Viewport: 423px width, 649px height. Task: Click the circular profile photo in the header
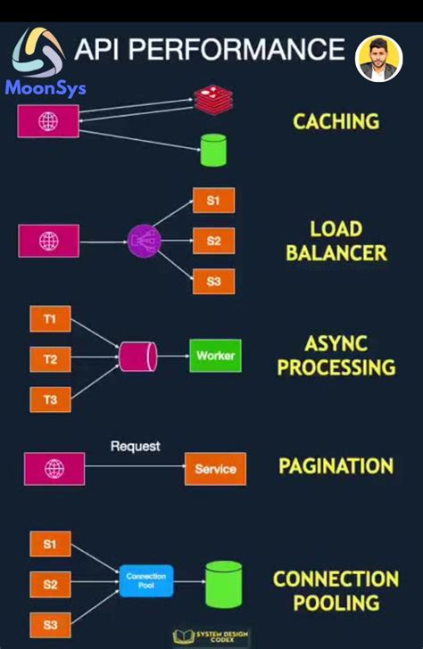tap(378, 59)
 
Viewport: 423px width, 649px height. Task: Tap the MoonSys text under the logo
tap(46, 88)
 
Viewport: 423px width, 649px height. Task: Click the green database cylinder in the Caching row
tap(212, 149)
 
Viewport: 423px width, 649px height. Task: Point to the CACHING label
tap(336, 121)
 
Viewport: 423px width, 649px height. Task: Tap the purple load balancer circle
tap(143, 241)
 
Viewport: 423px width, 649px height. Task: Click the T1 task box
tap(50, 319)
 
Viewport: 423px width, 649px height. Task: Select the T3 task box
tap(50, 399)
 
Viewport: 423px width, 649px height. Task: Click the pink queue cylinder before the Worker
tap(138, 357)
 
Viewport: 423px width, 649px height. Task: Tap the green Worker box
tap(215, 356)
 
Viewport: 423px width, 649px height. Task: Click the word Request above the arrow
tap(135, 446)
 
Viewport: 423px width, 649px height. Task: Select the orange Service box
tap(215, 469)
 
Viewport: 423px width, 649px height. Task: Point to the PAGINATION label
tap(336, 466)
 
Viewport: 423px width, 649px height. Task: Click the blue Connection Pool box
tap(145, 581)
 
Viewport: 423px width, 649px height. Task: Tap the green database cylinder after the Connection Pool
tap(223, 584)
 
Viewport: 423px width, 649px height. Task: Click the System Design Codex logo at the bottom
tap(211, 636)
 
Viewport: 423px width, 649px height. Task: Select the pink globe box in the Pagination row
tap(54, 469)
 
